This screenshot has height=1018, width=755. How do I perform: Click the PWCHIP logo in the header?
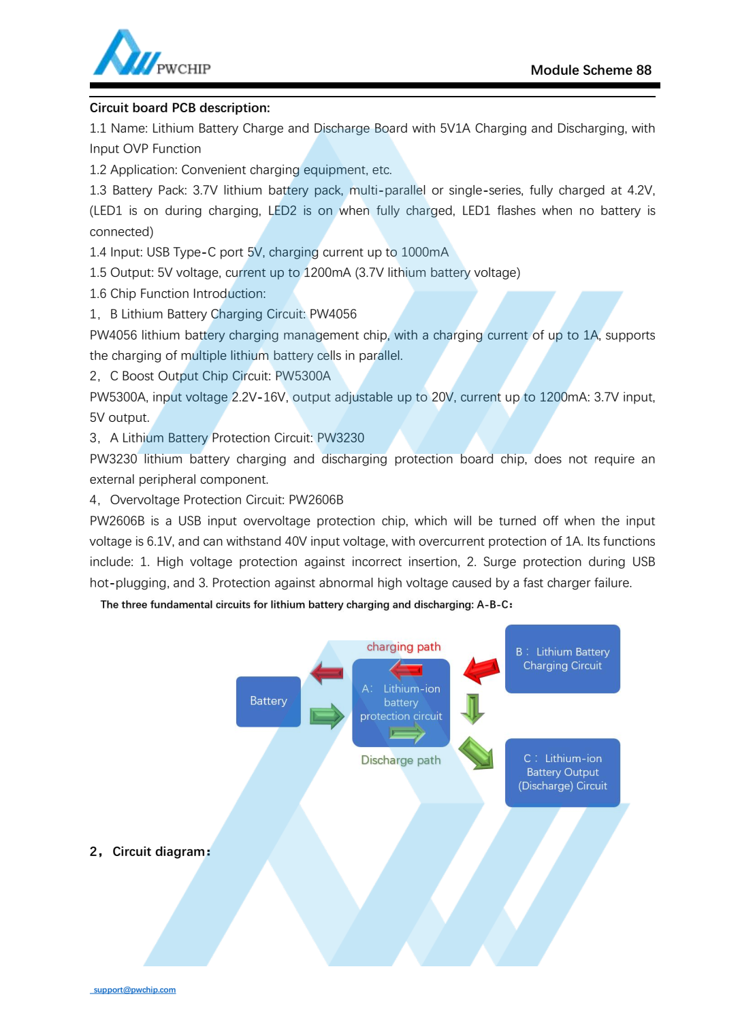pyautogui.click(x=150, y=54)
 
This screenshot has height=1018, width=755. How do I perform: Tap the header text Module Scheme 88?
pyautogui.click(x=590, y=70)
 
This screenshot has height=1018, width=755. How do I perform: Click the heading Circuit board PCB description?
pyautogui.click(x=180, y=108)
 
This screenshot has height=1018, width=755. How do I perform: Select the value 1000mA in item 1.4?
pyautogui.click(x=425, y=252)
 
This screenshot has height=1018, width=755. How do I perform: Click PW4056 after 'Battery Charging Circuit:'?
pyautogui.click(x=333, y=314)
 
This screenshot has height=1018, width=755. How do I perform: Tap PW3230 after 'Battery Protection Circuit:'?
pyautogui.click(x=340, y=438)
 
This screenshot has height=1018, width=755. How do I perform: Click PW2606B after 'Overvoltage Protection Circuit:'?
pyautogui.click(x=316, y=500)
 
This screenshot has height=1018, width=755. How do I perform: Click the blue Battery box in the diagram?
pyautogui.click(x=268, y=701)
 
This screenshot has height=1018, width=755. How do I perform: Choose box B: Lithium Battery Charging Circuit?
pyautogui.click(x=562, y=659)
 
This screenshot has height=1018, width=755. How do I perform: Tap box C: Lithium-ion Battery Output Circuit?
pyautogui.click(x=562, y=772)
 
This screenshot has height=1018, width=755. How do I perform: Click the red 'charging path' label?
pyautogui.click(x=404, y=646)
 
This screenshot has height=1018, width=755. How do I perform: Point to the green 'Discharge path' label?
pyautogui.click(x=400, y=760)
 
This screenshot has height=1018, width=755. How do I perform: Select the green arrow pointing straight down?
pyautogui.click(x=472, y=708)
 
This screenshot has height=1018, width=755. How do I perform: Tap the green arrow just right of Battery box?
pyautogui.click(x=327, y=716)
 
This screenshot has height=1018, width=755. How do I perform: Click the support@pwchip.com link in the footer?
pyautogui.click(x=134, y=990)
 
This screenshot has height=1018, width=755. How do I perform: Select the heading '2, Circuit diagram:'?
pyautogui.click(x=150, y=852)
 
